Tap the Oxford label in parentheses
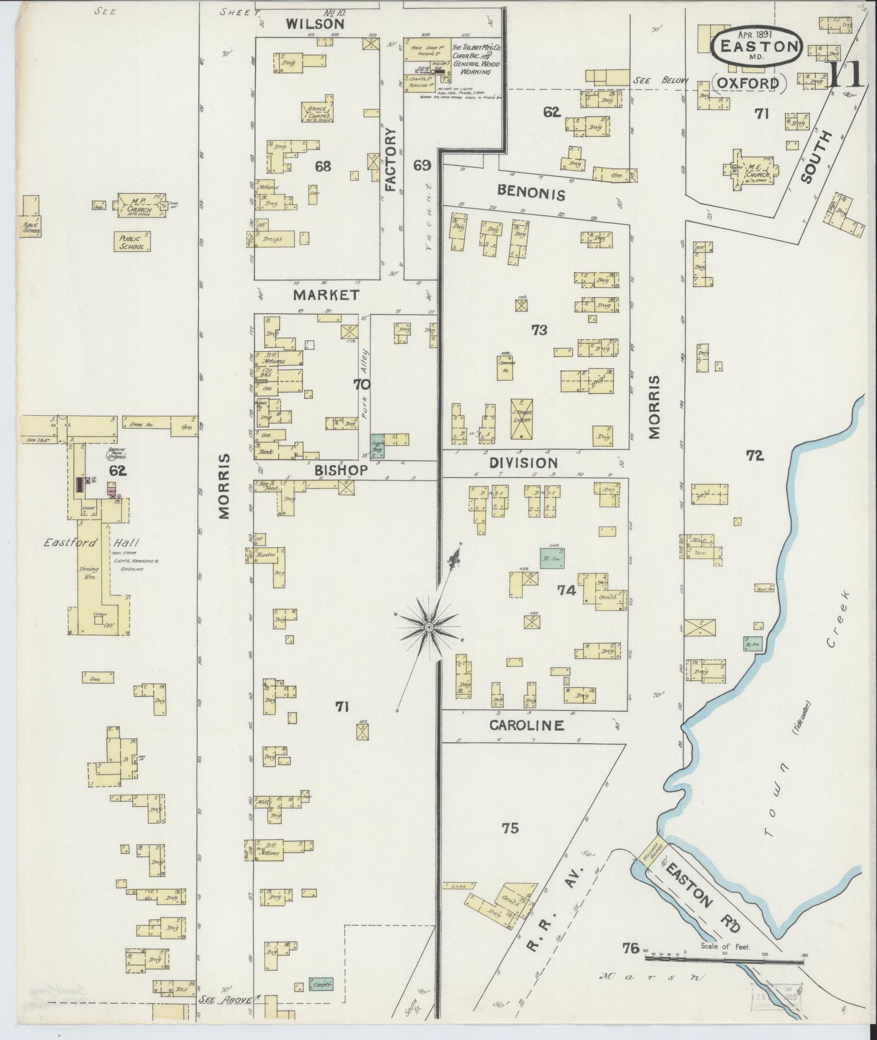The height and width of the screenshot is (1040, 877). [x=749, y=83]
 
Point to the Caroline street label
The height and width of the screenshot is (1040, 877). [x=526, y=725]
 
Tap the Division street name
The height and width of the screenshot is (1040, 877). [x=523, y=463]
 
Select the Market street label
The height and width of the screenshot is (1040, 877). [x=326, y=295]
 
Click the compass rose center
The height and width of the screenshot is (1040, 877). [x=429, y=627]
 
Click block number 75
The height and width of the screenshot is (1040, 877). [x=510, y=843]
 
